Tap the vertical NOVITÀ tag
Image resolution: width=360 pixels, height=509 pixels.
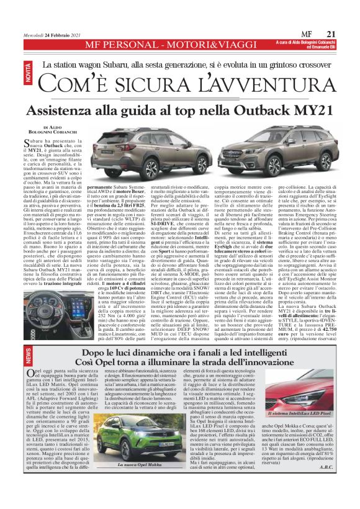tap(30, 74)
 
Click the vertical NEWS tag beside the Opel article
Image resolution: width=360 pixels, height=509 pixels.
tap(29, 355)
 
